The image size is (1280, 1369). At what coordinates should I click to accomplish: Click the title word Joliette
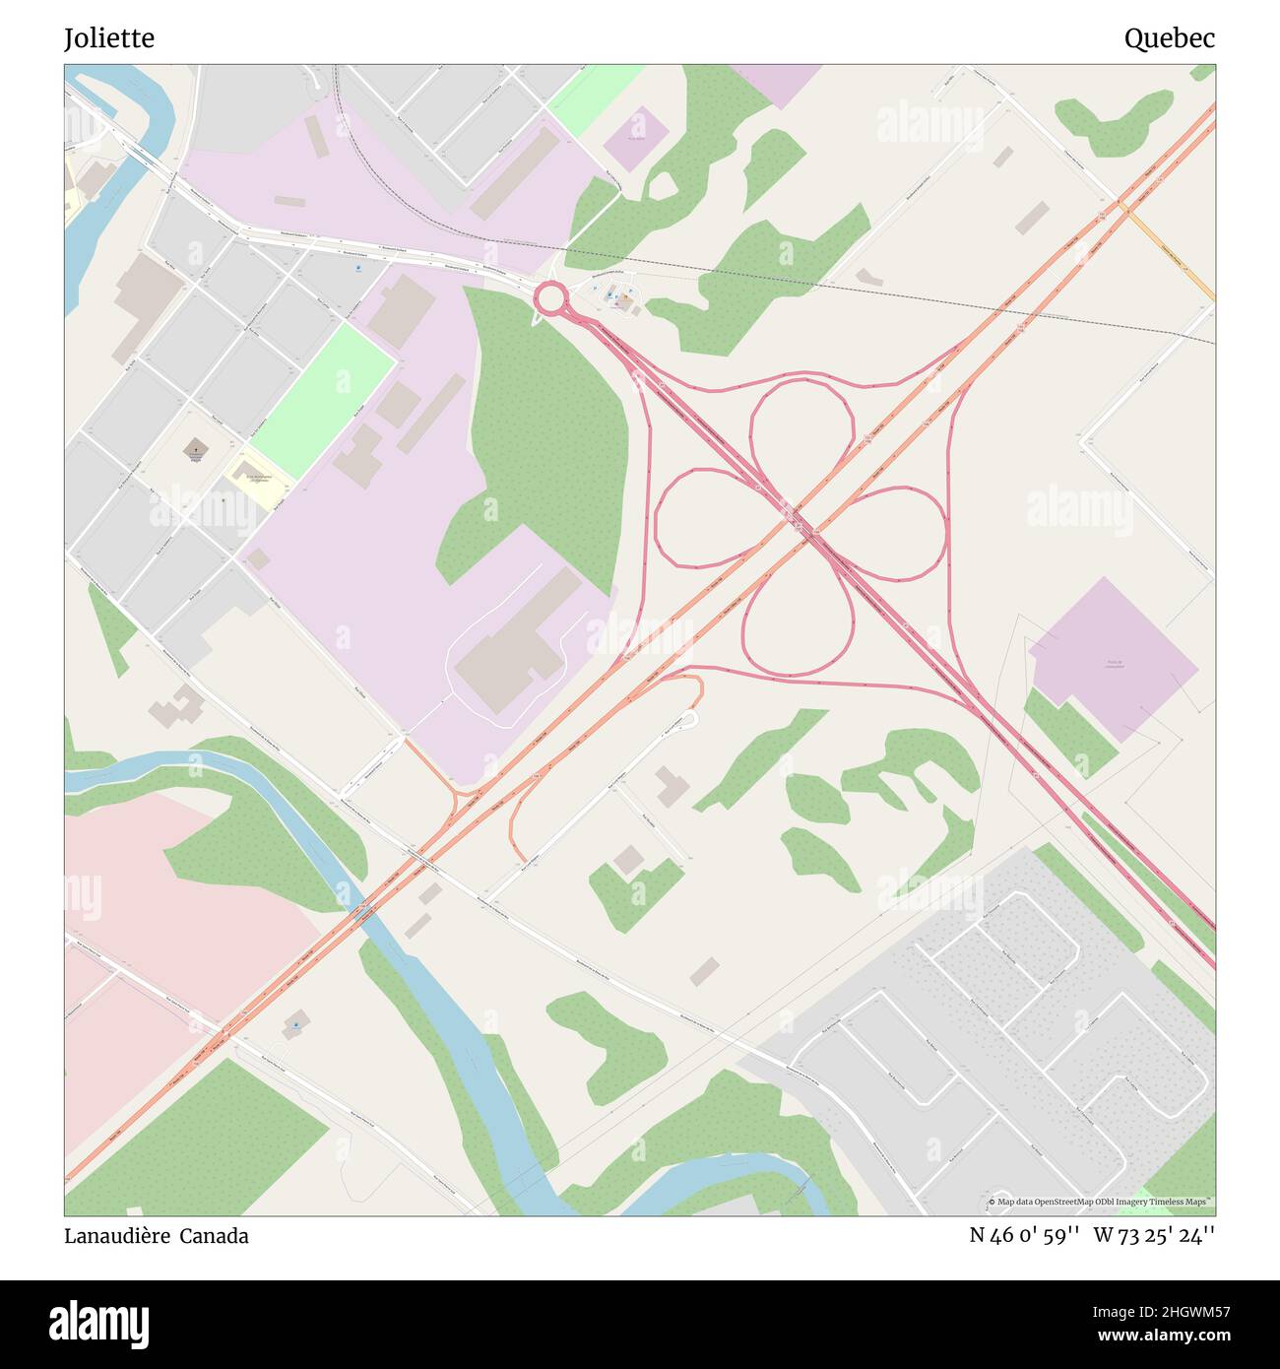tap(109, 38)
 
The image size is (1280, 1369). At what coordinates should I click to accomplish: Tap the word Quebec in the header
tap(1169, 38)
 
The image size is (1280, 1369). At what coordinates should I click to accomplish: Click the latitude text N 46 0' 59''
tap(1024, 1235)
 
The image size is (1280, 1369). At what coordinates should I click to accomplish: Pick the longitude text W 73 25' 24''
tap(1154, 1235)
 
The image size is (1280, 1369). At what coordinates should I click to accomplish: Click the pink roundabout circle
tap(550, 296)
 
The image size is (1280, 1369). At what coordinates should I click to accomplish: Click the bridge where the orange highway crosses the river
tap(366, 911)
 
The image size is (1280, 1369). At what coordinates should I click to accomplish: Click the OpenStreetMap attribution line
tap(1100, 1203)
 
